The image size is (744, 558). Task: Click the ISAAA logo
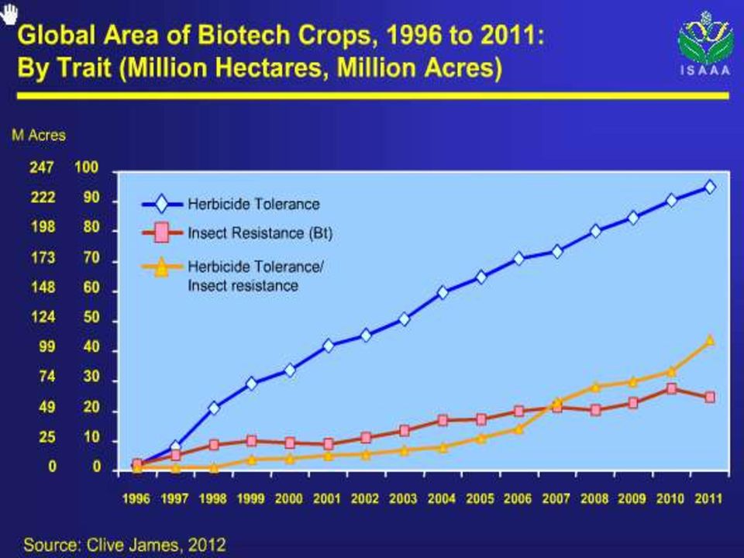705,43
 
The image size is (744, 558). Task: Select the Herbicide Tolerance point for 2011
710,187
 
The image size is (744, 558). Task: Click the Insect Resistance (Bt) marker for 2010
671,388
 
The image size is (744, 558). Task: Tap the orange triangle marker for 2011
710,339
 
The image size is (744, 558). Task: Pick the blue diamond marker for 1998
214,408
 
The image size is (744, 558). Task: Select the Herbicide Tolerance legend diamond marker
162,204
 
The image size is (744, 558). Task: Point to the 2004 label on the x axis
441,498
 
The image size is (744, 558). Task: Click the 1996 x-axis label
136,498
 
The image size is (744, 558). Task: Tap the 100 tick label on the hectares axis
86,167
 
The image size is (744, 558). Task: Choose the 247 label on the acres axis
42,167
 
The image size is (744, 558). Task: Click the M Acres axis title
39,135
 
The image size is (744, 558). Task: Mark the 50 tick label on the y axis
91,317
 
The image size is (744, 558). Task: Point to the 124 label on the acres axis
43,317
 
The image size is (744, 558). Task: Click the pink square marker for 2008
596,410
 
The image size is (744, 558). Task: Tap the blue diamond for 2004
443,292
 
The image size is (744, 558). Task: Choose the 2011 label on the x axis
708,498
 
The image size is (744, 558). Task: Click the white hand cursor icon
9,13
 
